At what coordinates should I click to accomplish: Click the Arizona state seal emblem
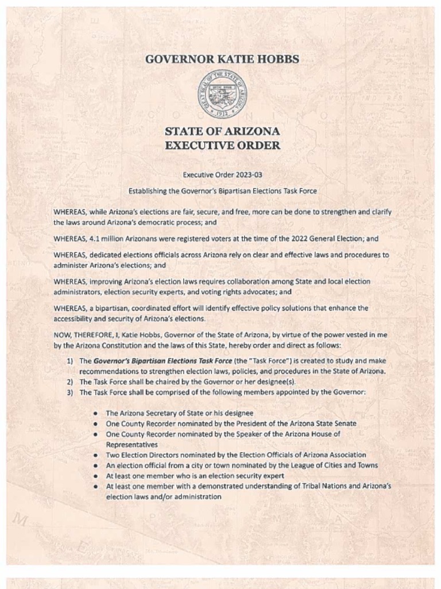(222, 94)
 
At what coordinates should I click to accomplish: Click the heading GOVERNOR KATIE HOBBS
(222, 59)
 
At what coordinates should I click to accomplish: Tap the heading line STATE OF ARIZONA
(222, 131)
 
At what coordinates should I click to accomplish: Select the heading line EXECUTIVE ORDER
(222, 146)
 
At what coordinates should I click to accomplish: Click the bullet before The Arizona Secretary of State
(96, 414)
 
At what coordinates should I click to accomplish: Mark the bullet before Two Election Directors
(96, 455)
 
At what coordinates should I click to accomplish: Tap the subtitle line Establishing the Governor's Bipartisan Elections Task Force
(222, 190)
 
